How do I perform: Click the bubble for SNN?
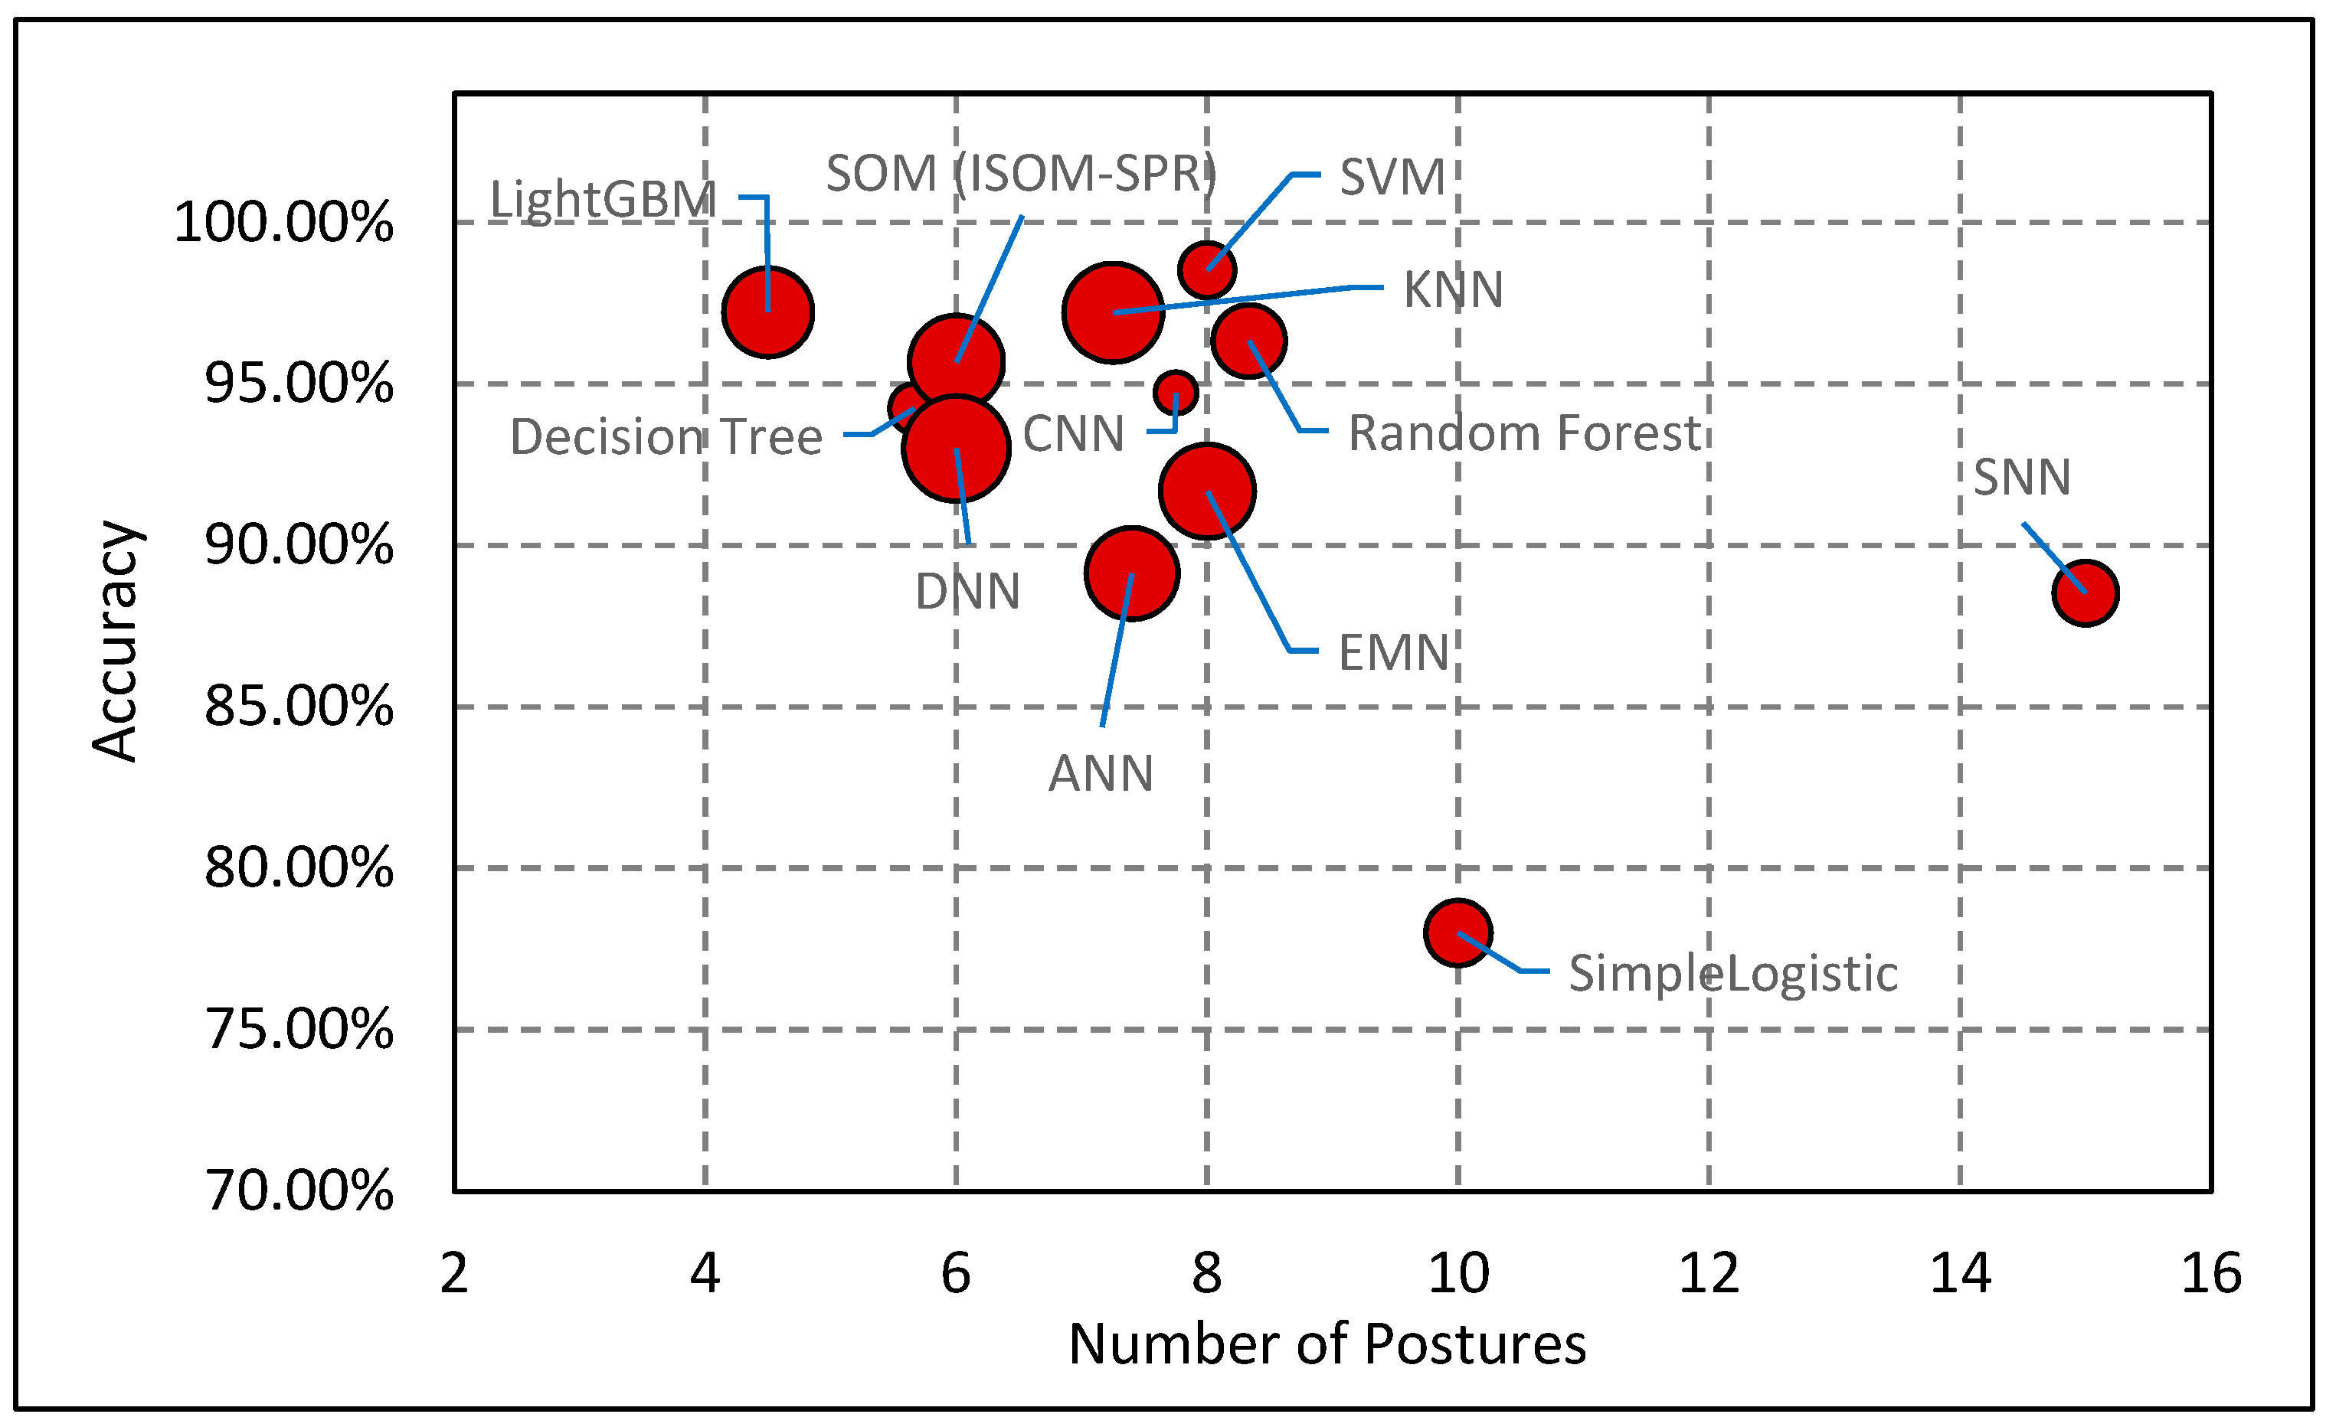click(2086, 593)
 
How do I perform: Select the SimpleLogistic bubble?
click(1457, 932)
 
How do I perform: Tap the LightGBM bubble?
click(767, 312)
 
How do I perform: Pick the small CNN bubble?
click(1176, 392)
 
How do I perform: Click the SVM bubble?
click(1206, 270)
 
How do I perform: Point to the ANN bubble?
click(1131, 573)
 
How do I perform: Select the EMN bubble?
click(1206, 491)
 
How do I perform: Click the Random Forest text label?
click(1523, 433)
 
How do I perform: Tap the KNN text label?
click(1452, 289)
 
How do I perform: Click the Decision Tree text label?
click(666, 437)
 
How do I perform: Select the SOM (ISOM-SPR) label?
click(1020, 174)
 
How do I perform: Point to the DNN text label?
click(967, 592)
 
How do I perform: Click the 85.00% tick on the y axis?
click(298, 706)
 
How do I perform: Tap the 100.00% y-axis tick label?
click(283, 223)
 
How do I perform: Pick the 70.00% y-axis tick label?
click(298, 1190)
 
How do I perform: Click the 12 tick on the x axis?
click(1709, 1273)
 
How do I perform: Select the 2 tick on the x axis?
click(454, 1273)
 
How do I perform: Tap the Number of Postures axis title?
click(1327, 1344)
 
